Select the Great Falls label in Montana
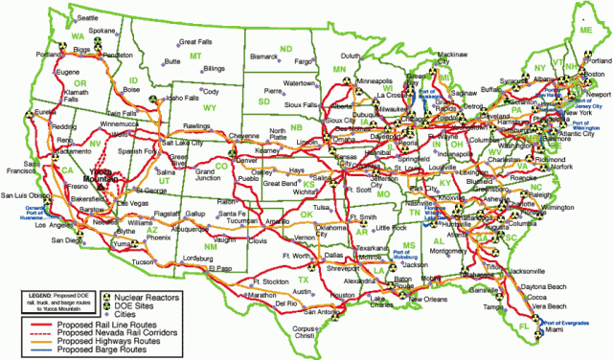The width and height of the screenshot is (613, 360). click(x=196, y=42)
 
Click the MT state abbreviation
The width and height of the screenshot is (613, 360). click(x=195, y=56)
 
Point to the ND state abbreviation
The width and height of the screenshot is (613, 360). click(x=285, y=47)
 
